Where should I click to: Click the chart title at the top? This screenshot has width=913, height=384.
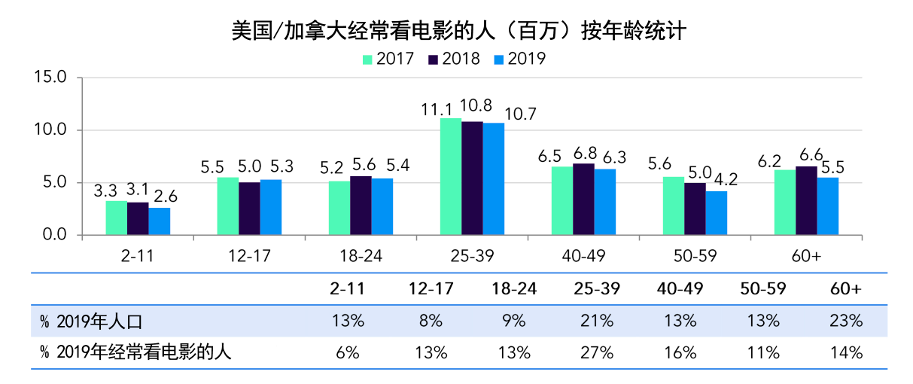(x=458, y=31)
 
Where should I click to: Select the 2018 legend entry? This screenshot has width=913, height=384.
(x=454, y=59)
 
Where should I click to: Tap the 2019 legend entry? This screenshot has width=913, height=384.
(x=519, y=59)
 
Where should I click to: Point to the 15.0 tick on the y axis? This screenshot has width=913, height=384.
(x=52, y=78)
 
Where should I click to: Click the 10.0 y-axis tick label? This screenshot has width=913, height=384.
(x=52, y=130)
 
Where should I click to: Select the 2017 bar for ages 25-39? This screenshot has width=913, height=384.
(x=451, y=177)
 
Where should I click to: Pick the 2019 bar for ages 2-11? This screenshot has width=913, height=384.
(x=159, y=221)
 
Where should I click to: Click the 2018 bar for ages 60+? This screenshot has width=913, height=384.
(x=806, y=200)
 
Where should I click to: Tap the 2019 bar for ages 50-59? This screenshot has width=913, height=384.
(x=716, y=213)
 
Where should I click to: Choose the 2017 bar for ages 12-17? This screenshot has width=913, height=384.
(x=228, y=206)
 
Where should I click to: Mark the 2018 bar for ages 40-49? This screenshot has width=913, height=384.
(x=583, y=200)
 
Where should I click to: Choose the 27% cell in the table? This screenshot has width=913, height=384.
(x=597, y=352)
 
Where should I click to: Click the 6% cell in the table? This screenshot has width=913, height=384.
(x=348, y=352)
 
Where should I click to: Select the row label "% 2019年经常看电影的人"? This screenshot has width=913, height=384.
(x=135, y=352)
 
